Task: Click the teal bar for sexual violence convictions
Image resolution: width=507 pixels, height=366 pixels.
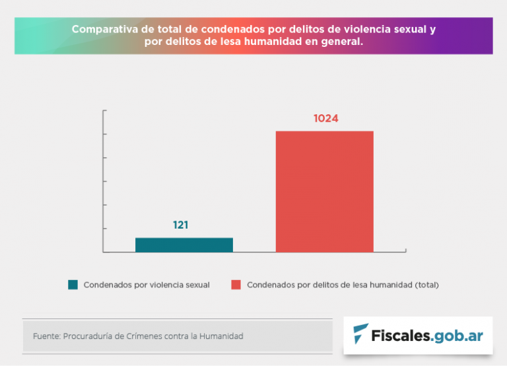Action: pos(184,244)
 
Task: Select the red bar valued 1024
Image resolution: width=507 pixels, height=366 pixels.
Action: pos(324,192)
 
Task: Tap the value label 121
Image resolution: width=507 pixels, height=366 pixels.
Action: pos(181,225)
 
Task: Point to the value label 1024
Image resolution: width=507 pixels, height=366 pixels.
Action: pos(325,119)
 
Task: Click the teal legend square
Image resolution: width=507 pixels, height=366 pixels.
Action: pos(73,285)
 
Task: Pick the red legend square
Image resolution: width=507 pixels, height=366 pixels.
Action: pos(236,285)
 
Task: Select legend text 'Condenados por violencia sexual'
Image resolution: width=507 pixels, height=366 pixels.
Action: pos(147,285)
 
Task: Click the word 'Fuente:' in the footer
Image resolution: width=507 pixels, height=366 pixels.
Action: pos(46,336)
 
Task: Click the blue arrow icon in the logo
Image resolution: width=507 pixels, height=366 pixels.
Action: pos(361,334)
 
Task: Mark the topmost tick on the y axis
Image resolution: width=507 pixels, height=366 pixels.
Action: pos(104,111)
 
